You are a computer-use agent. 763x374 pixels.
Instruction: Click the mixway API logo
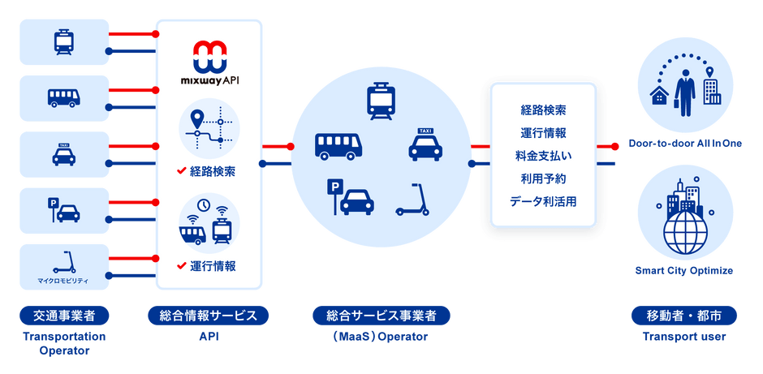[209, 62]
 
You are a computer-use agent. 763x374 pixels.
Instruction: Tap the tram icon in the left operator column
[64, 42]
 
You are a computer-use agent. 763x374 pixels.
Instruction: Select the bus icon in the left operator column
[64, 98]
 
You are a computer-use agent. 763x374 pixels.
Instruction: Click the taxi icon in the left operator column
[64, 154]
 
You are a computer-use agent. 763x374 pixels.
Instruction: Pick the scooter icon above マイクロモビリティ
[64, 262]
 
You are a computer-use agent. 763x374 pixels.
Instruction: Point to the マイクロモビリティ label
[64, 281]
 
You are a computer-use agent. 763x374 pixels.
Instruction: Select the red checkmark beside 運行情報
[182, 265]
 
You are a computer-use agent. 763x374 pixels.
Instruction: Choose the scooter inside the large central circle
[412, 200]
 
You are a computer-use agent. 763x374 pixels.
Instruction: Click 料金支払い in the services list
[543, 156]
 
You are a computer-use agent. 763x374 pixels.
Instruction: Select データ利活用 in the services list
[543, 201]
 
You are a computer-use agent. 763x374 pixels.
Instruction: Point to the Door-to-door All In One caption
[684, 144]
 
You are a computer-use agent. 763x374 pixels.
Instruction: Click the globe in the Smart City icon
[684, 229]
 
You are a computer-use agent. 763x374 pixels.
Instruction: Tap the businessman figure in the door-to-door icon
[684, 92]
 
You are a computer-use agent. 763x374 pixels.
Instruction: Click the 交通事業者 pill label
[64, 316]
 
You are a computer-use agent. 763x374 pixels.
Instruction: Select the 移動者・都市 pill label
[684, 316]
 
